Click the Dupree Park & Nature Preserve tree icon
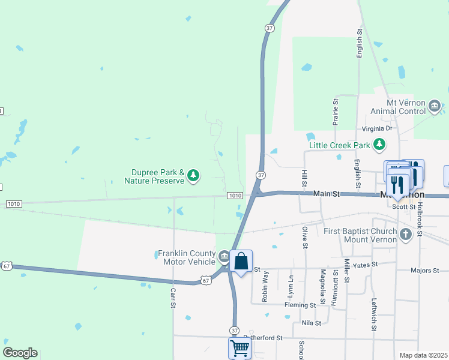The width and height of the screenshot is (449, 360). [x=193, y=175]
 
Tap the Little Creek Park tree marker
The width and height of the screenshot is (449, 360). [x=379, y=145]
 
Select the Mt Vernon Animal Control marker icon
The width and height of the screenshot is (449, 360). [x=435, y=107]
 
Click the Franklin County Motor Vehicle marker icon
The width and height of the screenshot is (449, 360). [x=223, y=257]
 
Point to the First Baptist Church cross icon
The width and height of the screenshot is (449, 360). [x=406, y=233]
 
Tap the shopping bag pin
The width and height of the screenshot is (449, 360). [x=241, y=262]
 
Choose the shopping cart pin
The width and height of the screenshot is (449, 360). [x=240, y=347]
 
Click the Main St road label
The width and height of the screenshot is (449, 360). [x=327, y=194]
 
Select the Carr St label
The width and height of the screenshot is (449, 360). [x=173, y=298]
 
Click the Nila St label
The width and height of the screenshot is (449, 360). [x=312, y=323]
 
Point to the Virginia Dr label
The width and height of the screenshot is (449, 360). [x=376, y=128]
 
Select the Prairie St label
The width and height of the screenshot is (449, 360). [x=336, y=112]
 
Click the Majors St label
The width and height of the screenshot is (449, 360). [x=425, y=271]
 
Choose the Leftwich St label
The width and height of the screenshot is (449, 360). [x=373, y=314]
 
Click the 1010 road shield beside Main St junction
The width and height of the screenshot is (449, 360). [x=235, y=196]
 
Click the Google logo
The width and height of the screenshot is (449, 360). [x=20, y=353]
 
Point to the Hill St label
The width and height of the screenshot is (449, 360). [x=304, y=177]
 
